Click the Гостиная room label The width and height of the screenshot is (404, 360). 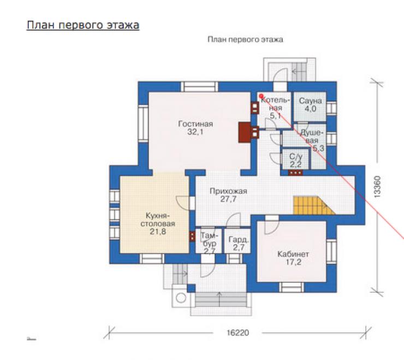click(x=195, y=124)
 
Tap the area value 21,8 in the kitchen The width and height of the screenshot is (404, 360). click(x=158, y=232)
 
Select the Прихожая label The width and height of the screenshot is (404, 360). click(x=228, y=191)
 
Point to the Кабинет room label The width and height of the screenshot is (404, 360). click(x=293, y=254)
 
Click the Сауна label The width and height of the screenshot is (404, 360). click(x=310, y=101)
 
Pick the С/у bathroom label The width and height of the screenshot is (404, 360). click(x=296, y=156)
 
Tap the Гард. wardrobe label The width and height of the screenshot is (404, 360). click(x=239, y=240)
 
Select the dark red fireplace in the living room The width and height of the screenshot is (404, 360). click(x=244, y=132)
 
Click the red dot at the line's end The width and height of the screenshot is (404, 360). click(x=261, y=96)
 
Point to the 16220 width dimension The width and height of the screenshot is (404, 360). click(x=238, y=333)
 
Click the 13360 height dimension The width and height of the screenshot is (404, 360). click(x=377, y=187)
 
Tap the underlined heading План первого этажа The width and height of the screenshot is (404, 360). click(x=83, y=25)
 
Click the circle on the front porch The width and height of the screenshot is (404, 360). click(x=181, y=298)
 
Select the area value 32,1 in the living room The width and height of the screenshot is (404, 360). click(x=195, y=132)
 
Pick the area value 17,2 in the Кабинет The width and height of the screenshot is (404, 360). click(x=293, y=262)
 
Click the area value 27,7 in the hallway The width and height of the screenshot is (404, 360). click(x=228, y=199)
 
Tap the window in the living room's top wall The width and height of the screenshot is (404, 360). click(x=199, y=87)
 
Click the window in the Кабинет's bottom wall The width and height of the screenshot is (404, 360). click(x=292, y=287)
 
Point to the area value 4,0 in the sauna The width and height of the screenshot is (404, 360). click(x=310, y=109)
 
